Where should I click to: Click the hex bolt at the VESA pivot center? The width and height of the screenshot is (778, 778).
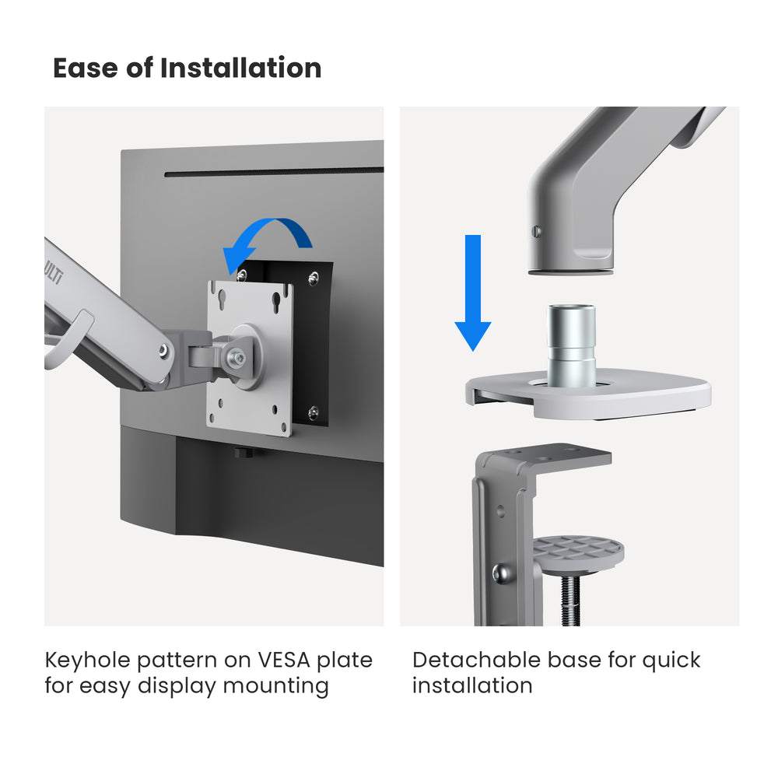pyautogui.click(x=238, y=358)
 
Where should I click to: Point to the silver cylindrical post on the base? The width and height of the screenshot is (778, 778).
pyautogui.click(x=571, y=345)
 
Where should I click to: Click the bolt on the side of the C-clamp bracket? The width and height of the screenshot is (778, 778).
pyautogui.click(x=499, y=573)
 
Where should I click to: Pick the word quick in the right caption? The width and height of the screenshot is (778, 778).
pyautogui.click(x=671, y=661)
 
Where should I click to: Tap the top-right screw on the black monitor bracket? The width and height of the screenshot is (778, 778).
pyautogui.click(x=313, y=278)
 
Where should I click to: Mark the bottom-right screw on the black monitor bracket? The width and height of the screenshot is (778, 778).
pyautogui.click(x=312, y=412)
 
